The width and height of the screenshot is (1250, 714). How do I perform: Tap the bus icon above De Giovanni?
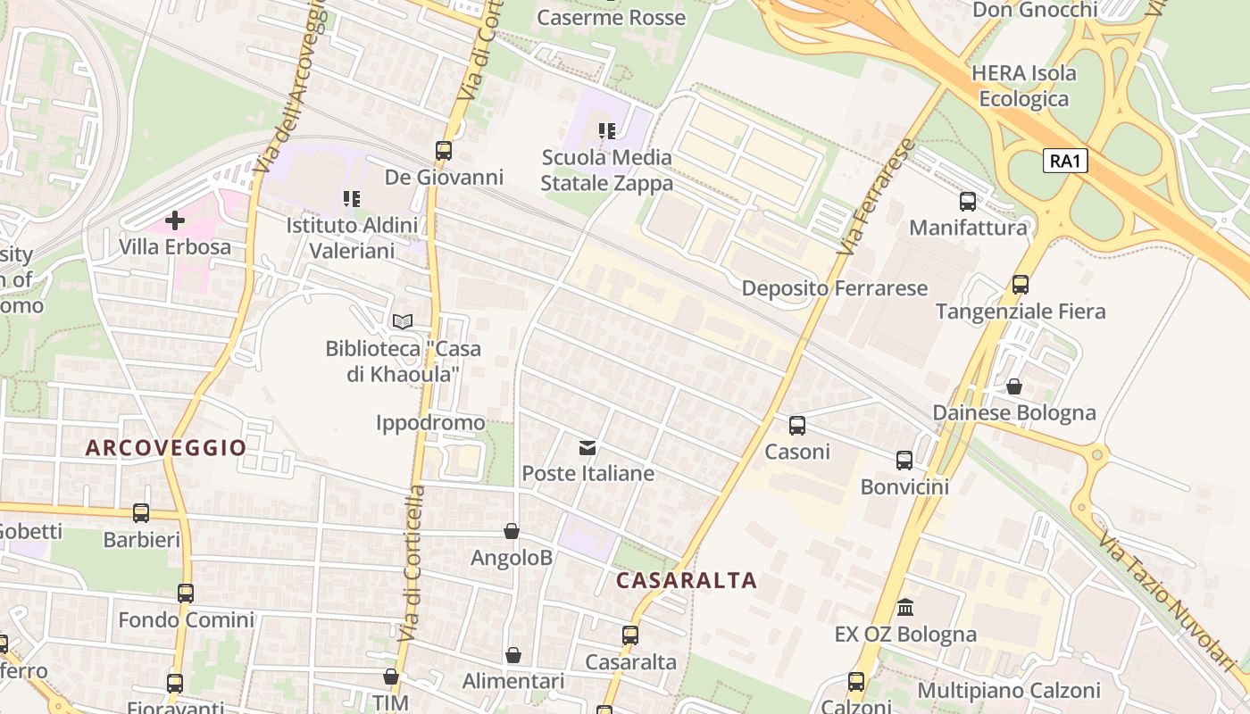click(444, 150)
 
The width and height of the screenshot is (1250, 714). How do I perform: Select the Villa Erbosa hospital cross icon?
click(175, 220)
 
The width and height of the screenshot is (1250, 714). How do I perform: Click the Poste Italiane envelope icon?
click(587, 447)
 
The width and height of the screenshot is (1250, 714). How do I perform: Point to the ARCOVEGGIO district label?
click(166, 448)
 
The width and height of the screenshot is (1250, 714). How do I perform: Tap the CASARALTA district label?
click(687, 581)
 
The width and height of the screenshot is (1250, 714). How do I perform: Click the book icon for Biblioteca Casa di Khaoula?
click(403, 321)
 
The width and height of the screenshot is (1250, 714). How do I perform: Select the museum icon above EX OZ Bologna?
click(905, 608)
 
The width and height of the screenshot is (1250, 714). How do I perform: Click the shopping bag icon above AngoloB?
click(512, 531)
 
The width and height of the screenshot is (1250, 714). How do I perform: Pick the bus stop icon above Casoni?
click(797, 425)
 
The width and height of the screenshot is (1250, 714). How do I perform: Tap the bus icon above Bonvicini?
click(904, 461)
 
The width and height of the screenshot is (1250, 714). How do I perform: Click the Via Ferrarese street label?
click(877, 197)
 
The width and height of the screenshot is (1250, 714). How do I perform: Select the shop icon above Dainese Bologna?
click(1014, 386)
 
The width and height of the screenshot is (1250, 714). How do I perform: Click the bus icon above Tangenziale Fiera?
click(1021, 285)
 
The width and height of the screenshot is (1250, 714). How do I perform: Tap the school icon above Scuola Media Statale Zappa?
click(607, 131)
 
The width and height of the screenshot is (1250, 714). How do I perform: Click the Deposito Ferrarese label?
click(835, 288)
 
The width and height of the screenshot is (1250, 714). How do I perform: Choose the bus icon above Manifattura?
click(968, 201)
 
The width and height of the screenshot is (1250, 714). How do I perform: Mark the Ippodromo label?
click(430, 422)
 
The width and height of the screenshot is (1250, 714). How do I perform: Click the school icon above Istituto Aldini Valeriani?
click(352, 198)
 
